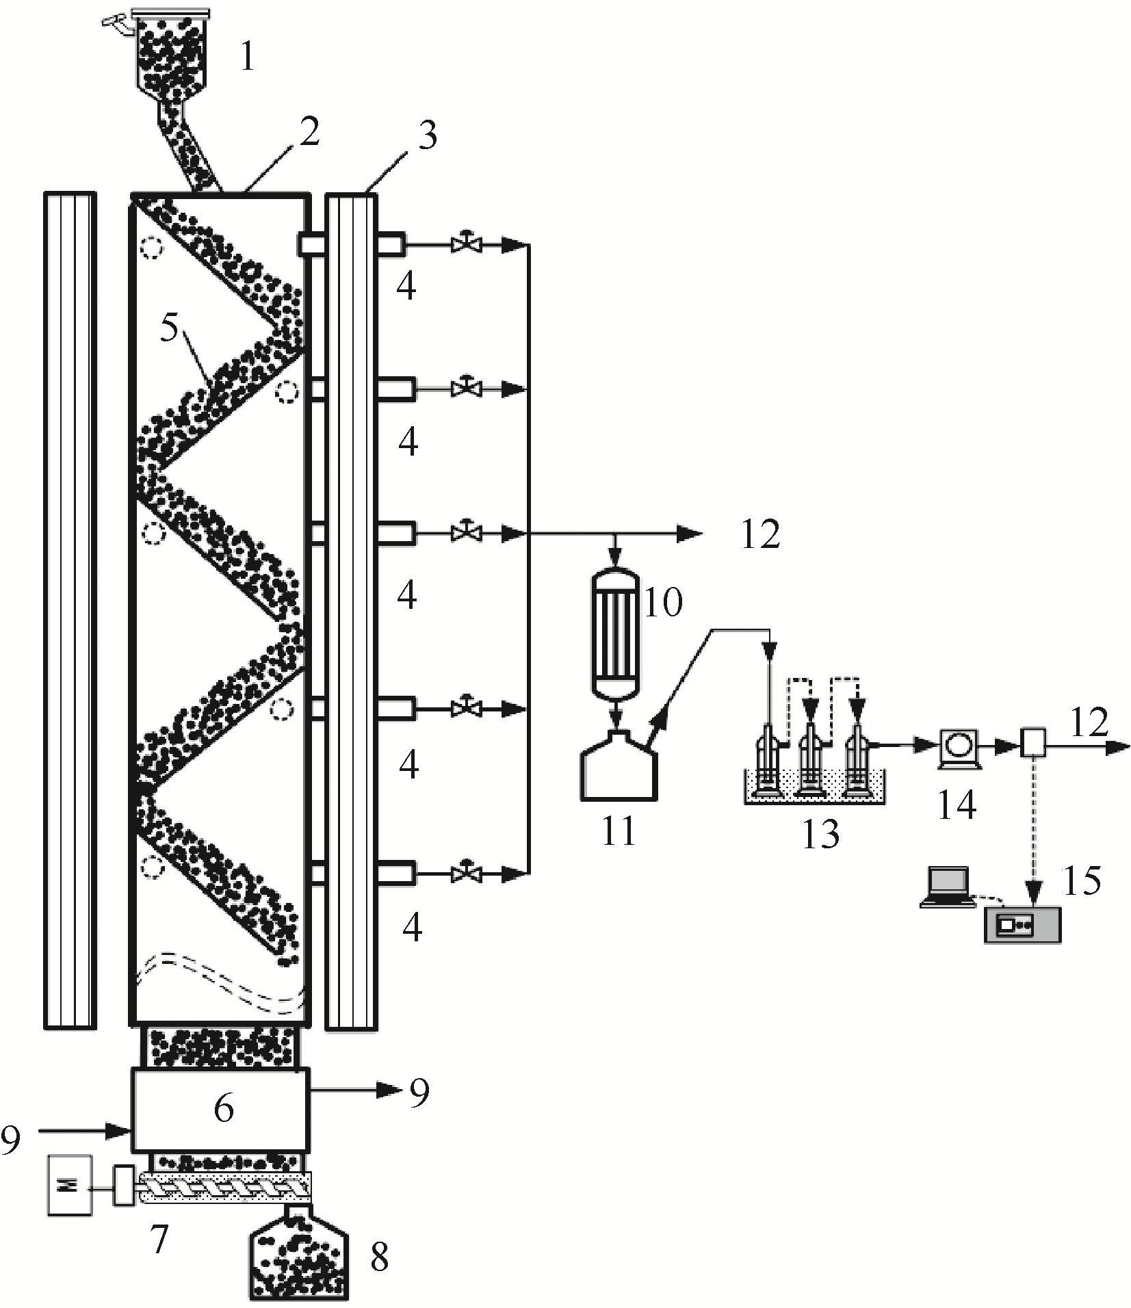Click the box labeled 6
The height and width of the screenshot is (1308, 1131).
click(220, 1108)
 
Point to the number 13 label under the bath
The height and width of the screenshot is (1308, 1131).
click(820, 833)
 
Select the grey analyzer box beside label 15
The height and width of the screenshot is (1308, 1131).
click(1022, 925)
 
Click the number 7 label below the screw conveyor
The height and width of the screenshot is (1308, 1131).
click(159, 1240)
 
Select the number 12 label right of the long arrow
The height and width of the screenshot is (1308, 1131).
click(761, 536)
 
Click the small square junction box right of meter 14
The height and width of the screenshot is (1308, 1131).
click(1034, 743)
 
